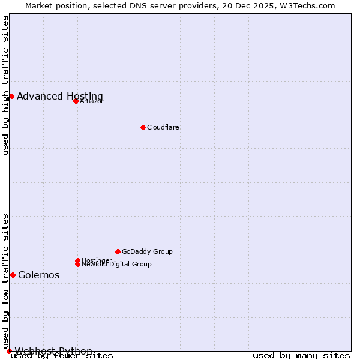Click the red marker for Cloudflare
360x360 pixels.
coord(143,127)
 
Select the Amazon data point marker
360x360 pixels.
coord(76,101)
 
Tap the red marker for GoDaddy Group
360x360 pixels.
coord(118,251)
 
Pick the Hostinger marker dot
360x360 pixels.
coord(77,260)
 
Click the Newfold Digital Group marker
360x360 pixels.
coord(77,264)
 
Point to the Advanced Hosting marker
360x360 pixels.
coord(11,96)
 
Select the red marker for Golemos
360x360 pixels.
coord(13,275)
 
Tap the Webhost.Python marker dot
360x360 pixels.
coord(9,351)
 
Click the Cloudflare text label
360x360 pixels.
coord(163,127)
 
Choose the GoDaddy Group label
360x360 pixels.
coord(147,251)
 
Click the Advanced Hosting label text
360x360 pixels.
coord(60,97)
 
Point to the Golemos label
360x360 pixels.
coord(39,275)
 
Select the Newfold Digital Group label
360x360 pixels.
coord(116,265)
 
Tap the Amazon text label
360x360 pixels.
coord(92,101)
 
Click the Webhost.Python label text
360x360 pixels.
coord(54,351)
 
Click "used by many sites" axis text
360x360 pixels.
coord(301,356)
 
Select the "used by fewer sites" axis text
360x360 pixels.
coord(62,356)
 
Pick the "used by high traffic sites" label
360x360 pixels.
coord(6,85)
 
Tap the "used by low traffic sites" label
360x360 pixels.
coord(6,281)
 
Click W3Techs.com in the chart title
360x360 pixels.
coord(305,6)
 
